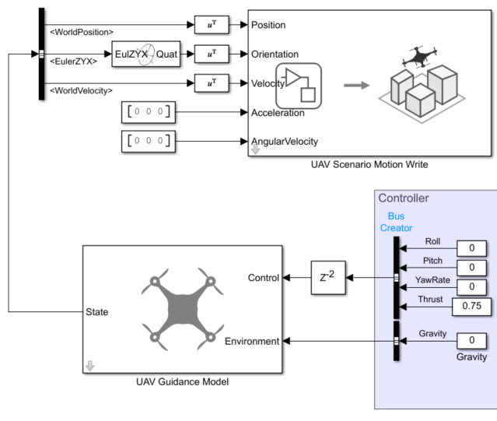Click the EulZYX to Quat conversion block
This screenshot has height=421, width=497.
coord(145,54)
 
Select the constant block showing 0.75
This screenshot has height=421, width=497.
coord(471,306)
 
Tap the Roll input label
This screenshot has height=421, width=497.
coord(432,241)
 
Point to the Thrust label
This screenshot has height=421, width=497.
coord(431,298)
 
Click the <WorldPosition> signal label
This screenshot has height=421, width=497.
coord(81,32)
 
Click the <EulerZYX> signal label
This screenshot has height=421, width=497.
coord(73,61)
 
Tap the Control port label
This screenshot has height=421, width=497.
coord(263,278)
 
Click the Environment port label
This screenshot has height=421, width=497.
coord(252,341)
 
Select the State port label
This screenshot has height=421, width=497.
coord(96,312)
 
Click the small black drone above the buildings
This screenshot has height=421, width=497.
coord(419,58)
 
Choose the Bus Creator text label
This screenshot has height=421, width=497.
coord(396,222)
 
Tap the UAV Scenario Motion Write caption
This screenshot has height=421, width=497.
coord(369,164)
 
